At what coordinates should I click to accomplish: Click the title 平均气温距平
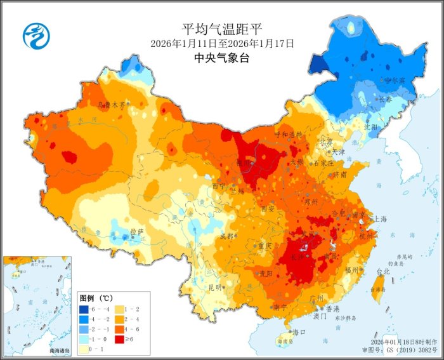coord(222,29)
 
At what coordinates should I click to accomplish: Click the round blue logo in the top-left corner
coord(35,36)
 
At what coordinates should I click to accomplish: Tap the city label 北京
coord(325,142)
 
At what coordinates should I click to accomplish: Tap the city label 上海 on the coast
coord(381,218)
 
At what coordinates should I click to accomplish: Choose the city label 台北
coord(383,271)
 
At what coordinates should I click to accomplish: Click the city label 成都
coord(226,236)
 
